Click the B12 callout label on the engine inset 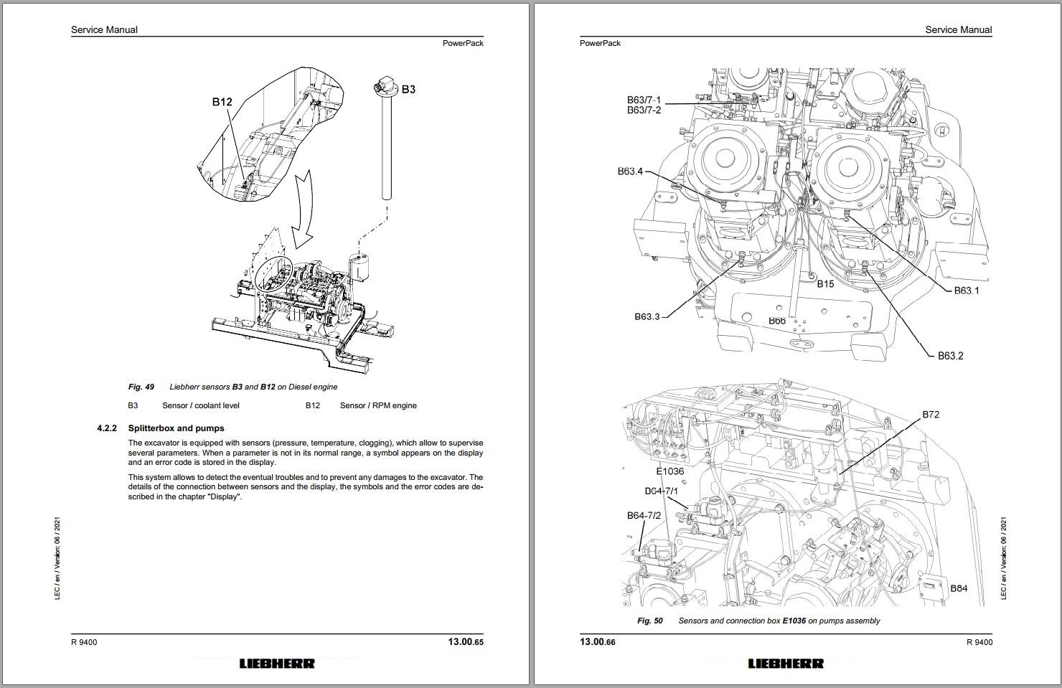click(222, 102)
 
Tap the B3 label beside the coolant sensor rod click(408, 90)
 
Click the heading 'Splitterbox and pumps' click(176, 428)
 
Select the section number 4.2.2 click(106, 428)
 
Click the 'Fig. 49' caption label click(141, 387)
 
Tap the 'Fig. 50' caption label click(650, 621)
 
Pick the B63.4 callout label click(630, 171)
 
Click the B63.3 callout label click(647, 316)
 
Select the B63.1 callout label click(967, 291)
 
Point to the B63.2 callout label click(951, 356)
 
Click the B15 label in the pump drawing click(825, 284)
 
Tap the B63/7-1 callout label click(644, 100)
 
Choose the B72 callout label click(931, 415)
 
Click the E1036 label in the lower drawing click(669, 471)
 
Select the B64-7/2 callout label click(644, 515)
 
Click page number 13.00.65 click(466, 642)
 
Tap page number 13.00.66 click(598, 642)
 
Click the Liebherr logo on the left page click(277, 664)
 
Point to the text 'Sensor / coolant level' click(201, 406)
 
